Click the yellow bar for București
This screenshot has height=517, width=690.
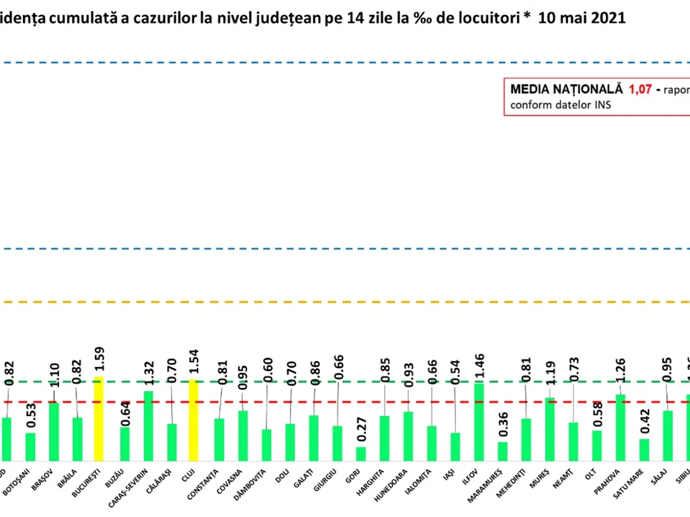point(99,419)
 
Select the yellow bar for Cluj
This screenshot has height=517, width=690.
point(193,420)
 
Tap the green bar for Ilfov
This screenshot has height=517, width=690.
point(478,422)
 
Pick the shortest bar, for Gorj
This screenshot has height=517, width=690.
point(361,454)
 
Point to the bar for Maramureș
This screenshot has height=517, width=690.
point(503,451)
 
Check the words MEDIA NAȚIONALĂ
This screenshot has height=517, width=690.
point(566,90)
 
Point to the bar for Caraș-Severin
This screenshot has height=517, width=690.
point(148,426)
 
